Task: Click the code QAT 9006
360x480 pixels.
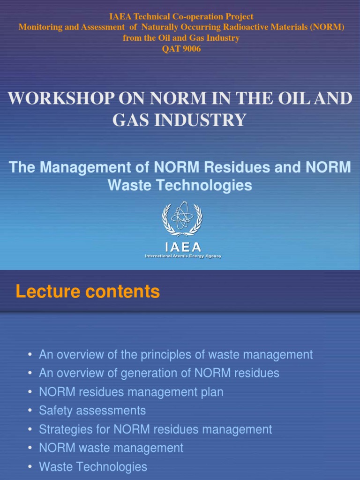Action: (x=181, y=49)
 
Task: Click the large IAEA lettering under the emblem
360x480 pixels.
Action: (x=182, y=247)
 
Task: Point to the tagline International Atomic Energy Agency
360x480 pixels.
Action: (x=183, y=256)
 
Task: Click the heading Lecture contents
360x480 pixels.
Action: (x=88, y=292)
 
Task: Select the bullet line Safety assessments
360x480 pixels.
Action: (x=92, y=411)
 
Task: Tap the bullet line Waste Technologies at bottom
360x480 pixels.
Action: (x=93, y=467)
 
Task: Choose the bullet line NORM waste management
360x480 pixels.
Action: (x=111, y=448)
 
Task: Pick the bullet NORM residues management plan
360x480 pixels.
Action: (x=131, y=392)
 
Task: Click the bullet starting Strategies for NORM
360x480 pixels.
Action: (x=155, y=429)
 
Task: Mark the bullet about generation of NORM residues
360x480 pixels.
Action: (x=159, y=373)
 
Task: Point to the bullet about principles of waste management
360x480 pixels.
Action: (x=175, y=354)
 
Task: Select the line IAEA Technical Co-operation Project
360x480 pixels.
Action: (x=181, y=16)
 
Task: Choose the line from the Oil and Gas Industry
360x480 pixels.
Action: (x=181, y=38)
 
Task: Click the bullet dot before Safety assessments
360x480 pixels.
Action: (x=30, y=411)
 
